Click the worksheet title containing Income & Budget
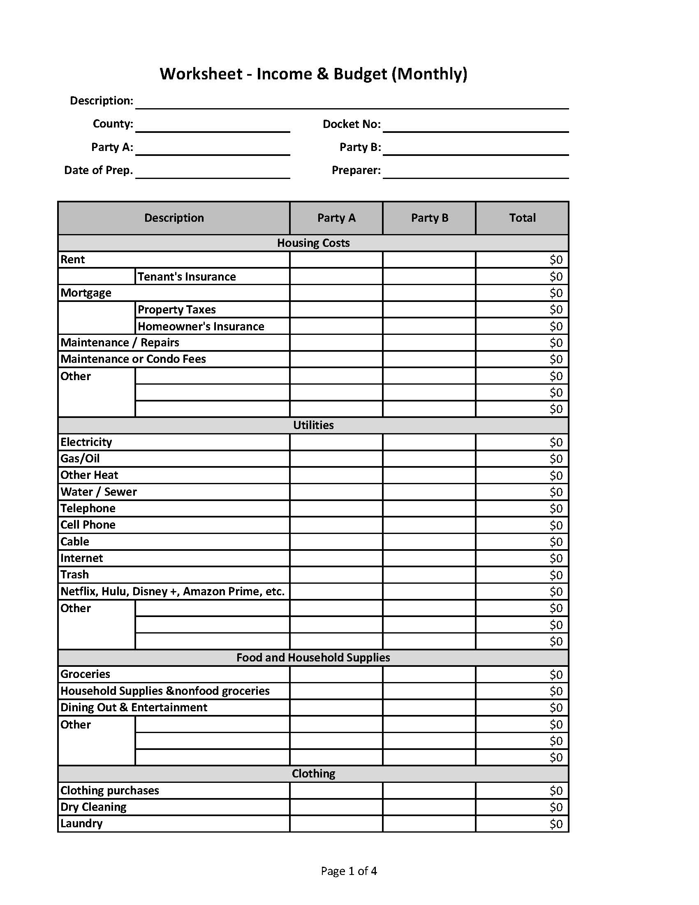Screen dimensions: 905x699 pos(313,74)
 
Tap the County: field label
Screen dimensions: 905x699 pos(113,124)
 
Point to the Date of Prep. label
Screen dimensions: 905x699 pos(99,170)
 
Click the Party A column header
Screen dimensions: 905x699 pos(336,218)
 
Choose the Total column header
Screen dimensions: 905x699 pos(522,218)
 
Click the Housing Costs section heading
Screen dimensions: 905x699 pos(313,243)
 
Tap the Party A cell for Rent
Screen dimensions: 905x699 pos(336,260)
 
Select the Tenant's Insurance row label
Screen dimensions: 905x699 pos(186,276)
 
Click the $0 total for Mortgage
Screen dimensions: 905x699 pos(556,293)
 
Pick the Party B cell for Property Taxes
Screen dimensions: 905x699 pos(429,309)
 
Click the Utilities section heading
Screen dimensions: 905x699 pos(313,425)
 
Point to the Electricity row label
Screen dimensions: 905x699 pos(86,442)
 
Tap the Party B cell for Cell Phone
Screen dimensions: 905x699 pos(429,525)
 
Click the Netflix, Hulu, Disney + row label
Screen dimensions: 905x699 pos(172,591)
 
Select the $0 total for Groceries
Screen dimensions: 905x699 pos(556,675)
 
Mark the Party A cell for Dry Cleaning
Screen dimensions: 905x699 pos(336,807)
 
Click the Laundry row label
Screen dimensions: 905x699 pos(81,824)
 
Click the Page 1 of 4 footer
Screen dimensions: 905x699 pos(349,871)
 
